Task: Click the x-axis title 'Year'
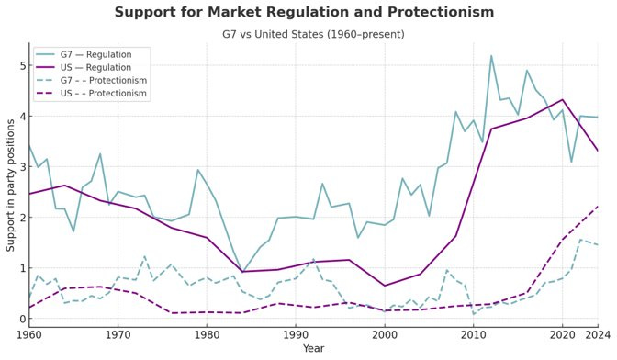[x=314, y=349]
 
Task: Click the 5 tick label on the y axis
[x=19, y=66]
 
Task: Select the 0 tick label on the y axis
[x=19, y=319]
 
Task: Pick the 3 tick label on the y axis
[x=19, y=167]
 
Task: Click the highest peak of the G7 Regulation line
[x=491, y=56]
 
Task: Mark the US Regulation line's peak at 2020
[x=563, y=100]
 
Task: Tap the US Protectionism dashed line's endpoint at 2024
[x=598, y=207]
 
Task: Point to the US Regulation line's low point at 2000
[x=385, y=286]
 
